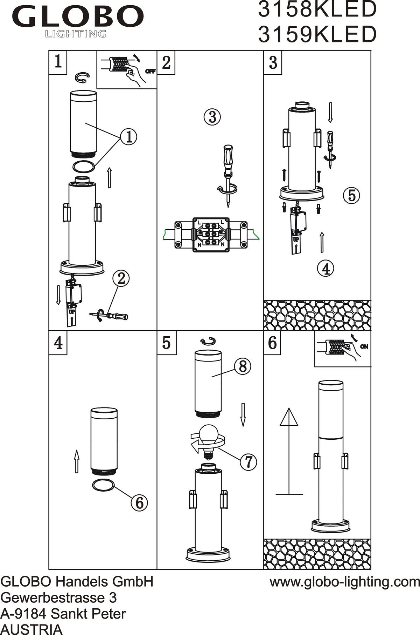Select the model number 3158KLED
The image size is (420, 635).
(x=317, y=9)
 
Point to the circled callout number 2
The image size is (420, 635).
(x=121, y=279)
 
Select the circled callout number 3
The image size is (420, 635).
(x=212, y=117)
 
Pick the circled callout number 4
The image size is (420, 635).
(x=325, y=269)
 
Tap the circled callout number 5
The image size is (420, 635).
(x=352, y=195)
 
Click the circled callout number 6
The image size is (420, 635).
(x=139, y=503)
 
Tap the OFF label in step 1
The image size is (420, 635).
(x=150, y=72)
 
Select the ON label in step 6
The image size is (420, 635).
(x=364, y=347)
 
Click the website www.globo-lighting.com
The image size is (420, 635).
(x=344, y=582)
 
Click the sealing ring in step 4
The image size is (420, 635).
(x=104, y=486)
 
